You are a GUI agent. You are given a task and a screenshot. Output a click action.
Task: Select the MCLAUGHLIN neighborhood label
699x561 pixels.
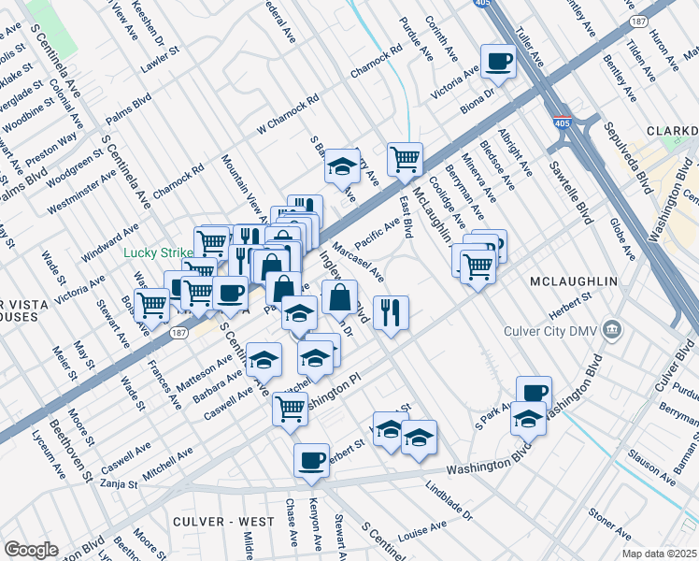573,281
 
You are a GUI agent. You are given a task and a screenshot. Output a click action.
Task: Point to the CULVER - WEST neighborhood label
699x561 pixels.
222,521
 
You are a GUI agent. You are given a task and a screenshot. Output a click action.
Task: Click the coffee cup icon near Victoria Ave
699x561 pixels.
498,63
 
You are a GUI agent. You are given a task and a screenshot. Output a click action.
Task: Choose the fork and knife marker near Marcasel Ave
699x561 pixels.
390,311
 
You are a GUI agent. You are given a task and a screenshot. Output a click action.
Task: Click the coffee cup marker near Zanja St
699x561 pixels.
311,460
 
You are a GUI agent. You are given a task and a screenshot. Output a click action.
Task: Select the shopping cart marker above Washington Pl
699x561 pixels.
291,408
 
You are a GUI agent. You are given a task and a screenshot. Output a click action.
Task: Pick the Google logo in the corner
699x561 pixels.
31,550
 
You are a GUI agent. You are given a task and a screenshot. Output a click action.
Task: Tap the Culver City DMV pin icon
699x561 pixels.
612,328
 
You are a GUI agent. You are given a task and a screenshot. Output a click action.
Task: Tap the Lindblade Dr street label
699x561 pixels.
449,500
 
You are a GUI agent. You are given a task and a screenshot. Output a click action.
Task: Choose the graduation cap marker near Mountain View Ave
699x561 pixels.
343,166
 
